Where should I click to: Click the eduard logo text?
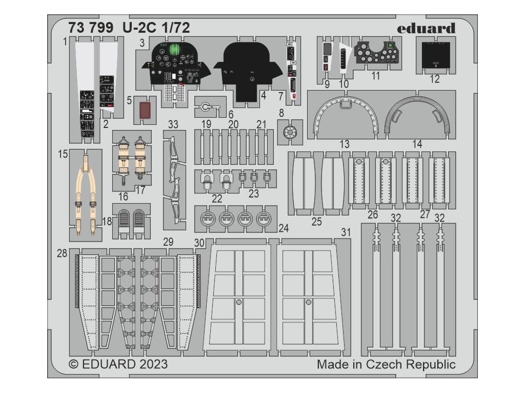426,28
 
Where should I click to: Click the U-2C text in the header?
131,29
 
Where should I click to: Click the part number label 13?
345,145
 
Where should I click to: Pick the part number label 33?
173,124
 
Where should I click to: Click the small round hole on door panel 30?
238,302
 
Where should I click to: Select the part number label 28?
62,253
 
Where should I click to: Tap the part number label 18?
107,221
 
